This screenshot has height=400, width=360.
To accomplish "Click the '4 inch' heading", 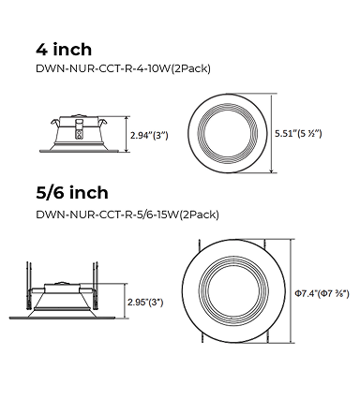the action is click(x=64, y=50).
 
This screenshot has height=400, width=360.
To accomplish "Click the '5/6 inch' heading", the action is click(x=72, y=192).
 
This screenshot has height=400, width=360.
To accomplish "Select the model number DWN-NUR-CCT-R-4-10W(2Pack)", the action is click(x=123, y=68).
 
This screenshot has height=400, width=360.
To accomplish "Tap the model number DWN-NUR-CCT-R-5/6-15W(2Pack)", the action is click(x=127, y=215).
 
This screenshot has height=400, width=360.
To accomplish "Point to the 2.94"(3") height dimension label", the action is click(x=149, y=136).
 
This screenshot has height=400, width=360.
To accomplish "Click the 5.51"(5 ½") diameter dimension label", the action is click(x=298, y=134).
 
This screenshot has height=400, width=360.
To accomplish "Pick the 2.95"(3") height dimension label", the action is click(x=145, y=303).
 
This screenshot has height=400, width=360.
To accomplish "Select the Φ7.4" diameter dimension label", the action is click(x=322, y=293).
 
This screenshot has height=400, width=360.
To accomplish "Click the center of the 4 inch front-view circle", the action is click(x=228, y=133).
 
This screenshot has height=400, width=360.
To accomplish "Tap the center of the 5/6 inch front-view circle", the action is click(x=233, y=291).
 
